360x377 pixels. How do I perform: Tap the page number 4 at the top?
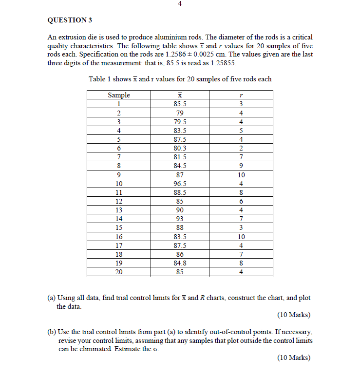180,4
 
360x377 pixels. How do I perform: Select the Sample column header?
119,95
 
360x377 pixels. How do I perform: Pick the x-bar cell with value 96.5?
180,184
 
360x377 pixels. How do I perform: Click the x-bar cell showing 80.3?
180,148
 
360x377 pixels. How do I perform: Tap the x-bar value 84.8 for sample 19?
180,264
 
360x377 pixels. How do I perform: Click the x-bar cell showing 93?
180,219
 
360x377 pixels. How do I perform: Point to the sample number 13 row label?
119,210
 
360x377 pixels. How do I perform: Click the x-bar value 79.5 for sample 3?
180,122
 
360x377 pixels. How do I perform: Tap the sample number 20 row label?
119,272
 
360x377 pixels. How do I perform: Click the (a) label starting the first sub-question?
51,298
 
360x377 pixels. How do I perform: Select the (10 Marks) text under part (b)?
294,358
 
